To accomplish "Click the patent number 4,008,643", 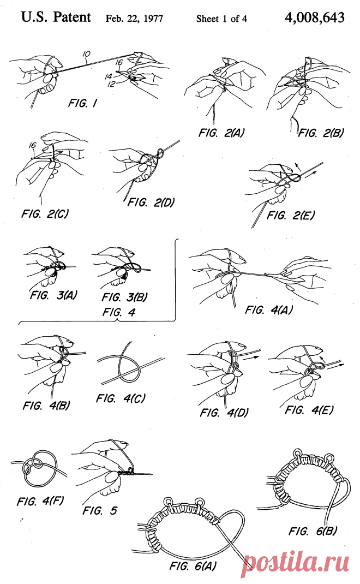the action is (x=315, y=17).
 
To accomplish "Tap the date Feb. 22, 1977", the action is (x=134, y=19).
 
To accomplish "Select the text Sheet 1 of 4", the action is (x=221, y=19).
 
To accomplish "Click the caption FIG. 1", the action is (x=83, y=103).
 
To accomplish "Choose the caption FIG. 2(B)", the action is (x=321, y=133).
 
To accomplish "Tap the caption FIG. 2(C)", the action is (x=45, y=214).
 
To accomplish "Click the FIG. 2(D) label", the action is (x=151, y=202).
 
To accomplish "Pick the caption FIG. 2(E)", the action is (x=290, y=215).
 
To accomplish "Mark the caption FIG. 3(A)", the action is (x=53, y=295).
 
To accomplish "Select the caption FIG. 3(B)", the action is (x=124, y=297).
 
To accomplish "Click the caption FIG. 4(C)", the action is (x=121, y=398).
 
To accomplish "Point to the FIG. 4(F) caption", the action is (x=40, y=502).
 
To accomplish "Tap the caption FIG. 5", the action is (x=100, y=510).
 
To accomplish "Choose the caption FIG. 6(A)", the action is (x=193, y=566).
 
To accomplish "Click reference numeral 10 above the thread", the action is (x=86, y=55).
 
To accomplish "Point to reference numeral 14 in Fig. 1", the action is (x=109, y=77).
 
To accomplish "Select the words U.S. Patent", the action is (x=56, y=17).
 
